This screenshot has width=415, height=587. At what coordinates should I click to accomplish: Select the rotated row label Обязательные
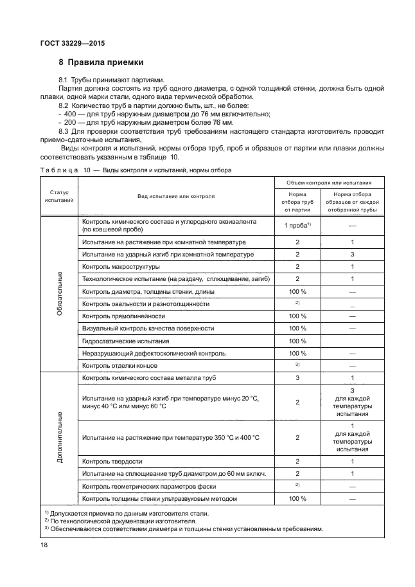click(x=60, y=293)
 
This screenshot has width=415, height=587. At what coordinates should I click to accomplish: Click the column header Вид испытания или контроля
click(x=175, y=195)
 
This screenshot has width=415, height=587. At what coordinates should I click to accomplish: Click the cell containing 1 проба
click(x=297, y=225)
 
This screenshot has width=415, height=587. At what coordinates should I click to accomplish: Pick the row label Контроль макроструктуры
click(x=121, y=266)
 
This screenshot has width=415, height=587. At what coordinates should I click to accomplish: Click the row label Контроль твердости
click(x=112, y=462)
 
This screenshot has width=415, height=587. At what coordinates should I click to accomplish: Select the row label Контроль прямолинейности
click(x=124, y=316)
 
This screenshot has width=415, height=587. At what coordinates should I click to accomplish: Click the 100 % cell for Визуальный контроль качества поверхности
click(x=297, y=329)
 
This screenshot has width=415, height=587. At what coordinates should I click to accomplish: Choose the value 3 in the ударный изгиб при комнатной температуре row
click(x=352, y=254)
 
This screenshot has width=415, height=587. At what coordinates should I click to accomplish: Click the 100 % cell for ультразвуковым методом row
click(x=297, y=498)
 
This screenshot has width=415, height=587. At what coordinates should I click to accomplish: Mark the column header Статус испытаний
click(x=60, y=195)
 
